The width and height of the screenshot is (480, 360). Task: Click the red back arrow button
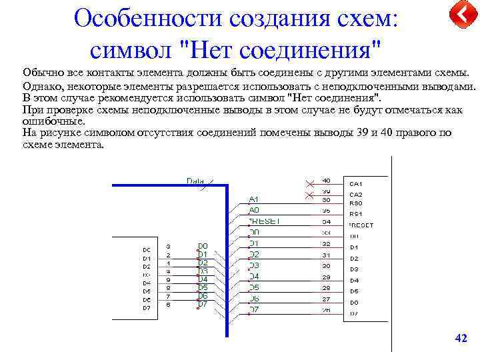463,15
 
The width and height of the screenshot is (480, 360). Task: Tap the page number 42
461,339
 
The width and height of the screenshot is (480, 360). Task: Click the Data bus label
195,181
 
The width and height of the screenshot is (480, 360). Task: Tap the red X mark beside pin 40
309,183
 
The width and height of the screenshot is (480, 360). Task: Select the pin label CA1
356,183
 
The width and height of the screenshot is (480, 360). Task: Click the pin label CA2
356,194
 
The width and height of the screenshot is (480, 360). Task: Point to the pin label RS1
356,214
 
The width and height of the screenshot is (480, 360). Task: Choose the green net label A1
253,199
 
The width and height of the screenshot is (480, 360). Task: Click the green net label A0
253,210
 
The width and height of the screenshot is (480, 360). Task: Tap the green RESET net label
265,221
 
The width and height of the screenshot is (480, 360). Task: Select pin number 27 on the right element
327,299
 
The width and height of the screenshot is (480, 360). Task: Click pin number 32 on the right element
327,244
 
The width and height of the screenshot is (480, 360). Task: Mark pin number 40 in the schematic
326,180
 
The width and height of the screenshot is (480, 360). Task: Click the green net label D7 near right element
254,309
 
